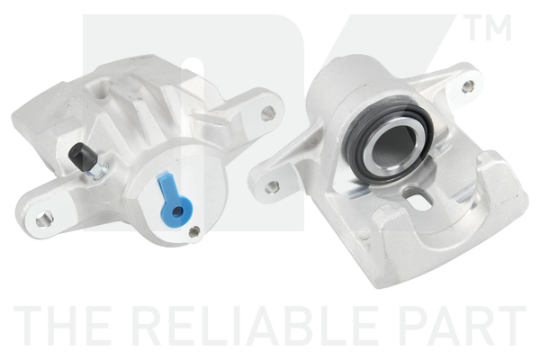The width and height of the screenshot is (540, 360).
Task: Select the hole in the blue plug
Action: click(x=177, y=211)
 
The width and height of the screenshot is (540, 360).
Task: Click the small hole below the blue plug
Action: click(x=194, y=231)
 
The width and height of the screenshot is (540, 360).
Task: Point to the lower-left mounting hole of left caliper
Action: click(x=44, y=219)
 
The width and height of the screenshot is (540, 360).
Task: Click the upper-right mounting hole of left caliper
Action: click(x=267, y=113)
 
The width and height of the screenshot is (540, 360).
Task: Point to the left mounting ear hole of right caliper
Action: click(x=272, y=186)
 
